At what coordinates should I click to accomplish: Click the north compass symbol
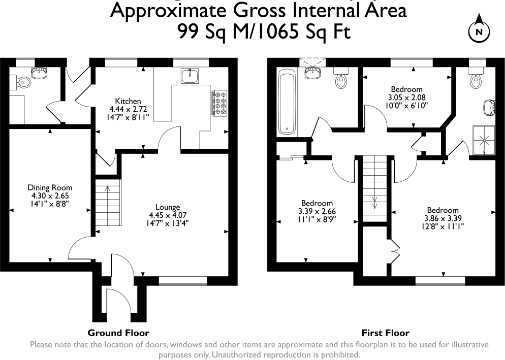coord(478,30)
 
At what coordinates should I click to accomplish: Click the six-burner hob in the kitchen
coord(219,104)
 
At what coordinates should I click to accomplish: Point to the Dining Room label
coord(50,187)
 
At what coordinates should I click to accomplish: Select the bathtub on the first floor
coord(288,102)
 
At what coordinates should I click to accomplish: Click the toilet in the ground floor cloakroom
coord(22,81)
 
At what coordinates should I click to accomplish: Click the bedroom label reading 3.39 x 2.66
coord(317,212)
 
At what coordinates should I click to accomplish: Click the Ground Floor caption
coord(118,333)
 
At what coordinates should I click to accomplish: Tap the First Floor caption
coord(385,333)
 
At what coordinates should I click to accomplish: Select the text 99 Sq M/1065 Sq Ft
coord(264,31)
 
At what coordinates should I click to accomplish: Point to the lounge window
coord(183,280)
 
